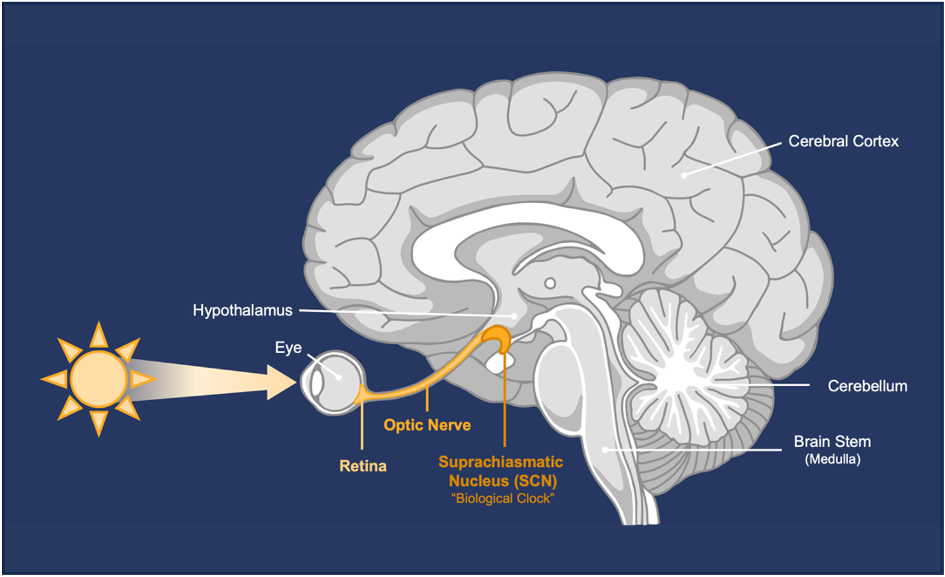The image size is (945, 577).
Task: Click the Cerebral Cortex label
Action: point(843,141)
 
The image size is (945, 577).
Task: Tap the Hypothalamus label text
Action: point(242,310)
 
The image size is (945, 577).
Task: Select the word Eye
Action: point(288,347)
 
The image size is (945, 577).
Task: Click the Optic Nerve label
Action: point(427,425)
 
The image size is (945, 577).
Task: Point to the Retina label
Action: point(363,466)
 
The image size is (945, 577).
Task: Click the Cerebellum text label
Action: point(867,386)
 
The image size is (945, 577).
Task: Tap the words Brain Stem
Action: point(832,441)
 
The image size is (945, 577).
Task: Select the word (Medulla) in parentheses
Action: point(832,459)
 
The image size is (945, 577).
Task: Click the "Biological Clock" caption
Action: point(503,499)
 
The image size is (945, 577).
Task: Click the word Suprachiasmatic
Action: point(501,462)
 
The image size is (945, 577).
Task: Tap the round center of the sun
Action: point(99,379)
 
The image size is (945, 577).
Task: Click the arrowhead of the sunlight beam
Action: point(282,382)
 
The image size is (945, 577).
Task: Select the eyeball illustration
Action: point(332,382)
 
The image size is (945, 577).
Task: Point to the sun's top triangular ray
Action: point(99,335)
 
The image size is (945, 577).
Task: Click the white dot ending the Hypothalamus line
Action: point(514,316)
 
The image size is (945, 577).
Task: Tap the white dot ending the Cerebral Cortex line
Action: point(684,175)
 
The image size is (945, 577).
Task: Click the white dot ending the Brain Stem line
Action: point(605,450)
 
